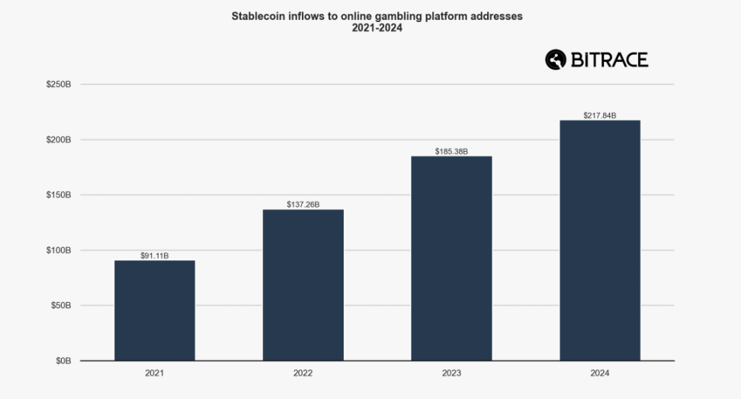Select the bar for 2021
point(155,311)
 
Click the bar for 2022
point(303,285)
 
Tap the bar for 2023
point(451,259)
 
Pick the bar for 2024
point(600,240)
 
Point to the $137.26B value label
point(303,204)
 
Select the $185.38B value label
point(451,151)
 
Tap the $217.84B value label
point(600,115)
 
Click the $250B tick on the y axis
point(59,85)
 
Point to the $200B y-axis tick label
point(59,140)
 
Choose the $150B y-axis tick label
point(59,195)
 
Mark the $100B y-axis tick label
point(59,250)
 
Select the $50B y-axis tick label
point(60,305)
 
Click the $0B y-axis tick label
point(63,361)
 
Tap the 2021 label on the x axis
point(155,374)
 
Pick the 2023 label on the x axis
point(451,374)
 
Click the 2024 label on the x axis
point(600,374)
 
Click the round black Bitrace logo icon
point(556,60)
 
